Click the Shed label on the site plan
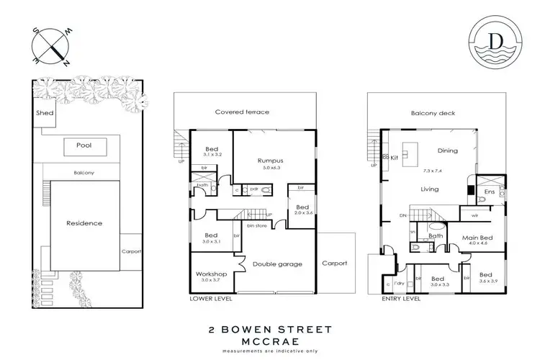tap(43, 114)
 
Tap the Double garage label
tap(277, 264)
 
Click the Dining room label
tap(448, 150)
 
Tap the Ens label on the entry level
tap(490, 192)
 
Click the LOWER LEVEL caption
tap(209, 297)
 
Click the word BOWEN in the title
tap(254, 329)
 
